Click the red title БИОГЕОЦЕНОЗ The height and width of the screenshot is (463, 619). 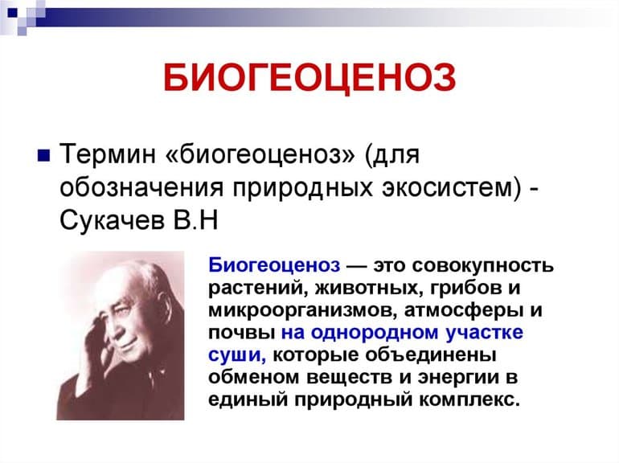pos(309,79)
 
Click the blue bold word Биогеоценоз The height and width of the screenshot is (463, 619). pos(273,265)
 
